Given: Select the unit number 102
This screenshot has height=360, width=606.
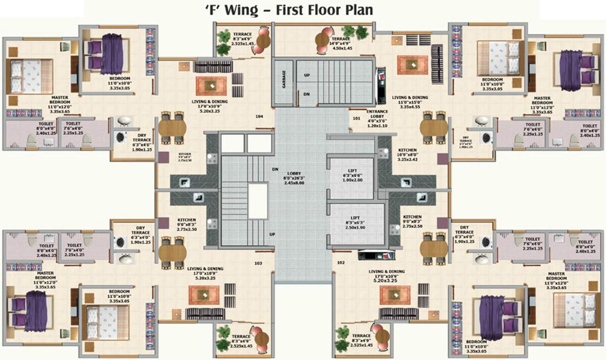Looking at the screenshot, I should pyautogui.click(x=341, y=262).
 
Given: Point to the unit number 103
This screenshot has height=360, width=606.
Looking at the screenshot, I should pyautogui.click(x=258, y=263).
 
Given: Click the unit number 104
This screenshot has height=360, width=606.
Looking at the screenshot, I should pyautogui.click(x=259, y=116).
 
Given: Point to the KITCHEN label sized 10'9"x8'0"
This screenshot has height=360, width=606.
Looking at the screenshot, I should pyautogui.click(x=407, y=155).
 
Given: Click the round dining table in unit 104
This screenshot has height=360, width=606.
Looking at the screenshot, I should pyautogui.click(x=172, y=127).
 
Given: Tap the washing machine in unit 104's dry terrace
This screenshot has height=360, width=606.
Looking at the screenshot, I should pyautogui.click(x=121, y=137).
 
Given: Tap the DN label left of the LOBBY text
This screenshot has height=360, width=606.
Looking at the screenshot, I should pyautogui.click(x=275, y=169).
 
